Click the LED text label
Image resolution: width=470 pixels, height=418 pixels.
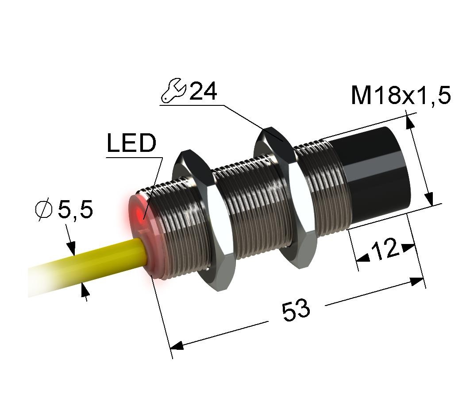131,143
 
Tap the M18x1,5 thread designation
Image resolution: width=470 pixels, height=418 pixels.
401,96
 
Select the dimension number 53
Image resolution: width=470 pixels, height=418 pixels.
296,310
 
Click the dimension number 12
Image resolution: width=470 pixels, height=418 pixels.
385,249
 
